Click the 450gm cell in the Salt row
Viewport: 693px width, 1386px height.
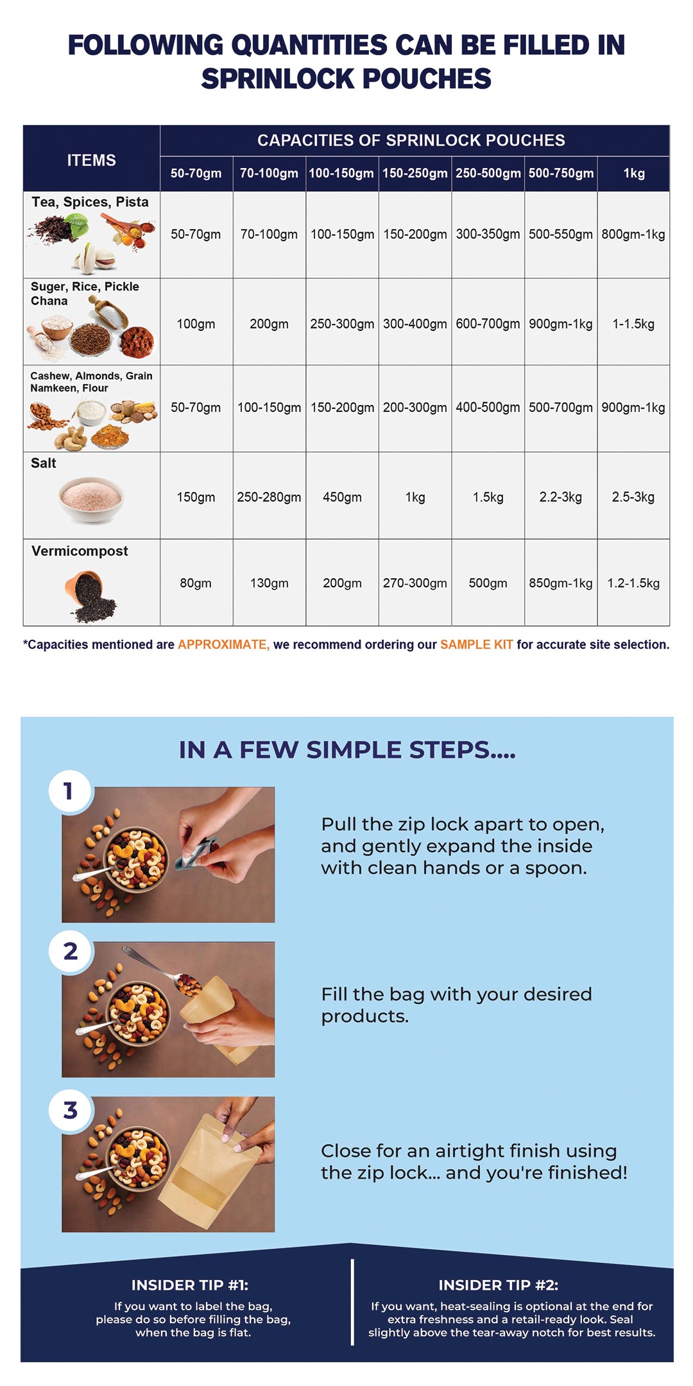[342, 497]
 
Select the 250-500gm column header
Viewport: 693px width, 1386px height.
[488, 173]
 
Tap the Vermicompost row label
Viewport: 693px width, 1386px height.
[80, 551]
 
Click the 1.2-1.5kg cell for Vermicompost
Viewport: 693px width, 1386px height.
[633, 583]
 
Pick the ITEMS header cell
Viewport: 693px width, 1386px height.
[91, 160]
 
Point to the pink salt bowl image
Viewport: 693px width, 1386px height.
[91, 499]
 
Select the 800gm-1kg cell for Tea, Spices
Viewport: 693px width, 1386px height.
[633, 234]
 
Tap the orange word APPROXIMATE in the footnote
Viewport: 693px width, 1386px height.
[223, 644]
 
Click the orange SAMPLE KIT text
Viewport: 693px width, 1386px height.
[476, 644]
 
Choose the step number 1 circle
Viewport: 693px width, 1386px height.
[70, 791]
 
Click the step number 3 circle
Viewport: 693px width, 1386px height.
[70, 1110]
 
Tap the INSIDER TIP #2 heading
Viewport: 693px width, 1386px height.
[499, 1285]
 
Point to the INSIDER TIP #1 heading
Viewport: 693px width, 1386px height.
[190, 1285]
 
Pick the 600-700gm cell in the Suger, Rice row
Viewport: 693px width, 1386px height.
[488, 324]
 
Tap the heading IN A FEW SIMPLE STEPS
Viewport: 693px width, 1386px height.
[346, 749]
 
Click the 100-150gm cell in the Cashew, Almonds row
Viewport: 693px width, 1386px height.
[269, 407]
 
